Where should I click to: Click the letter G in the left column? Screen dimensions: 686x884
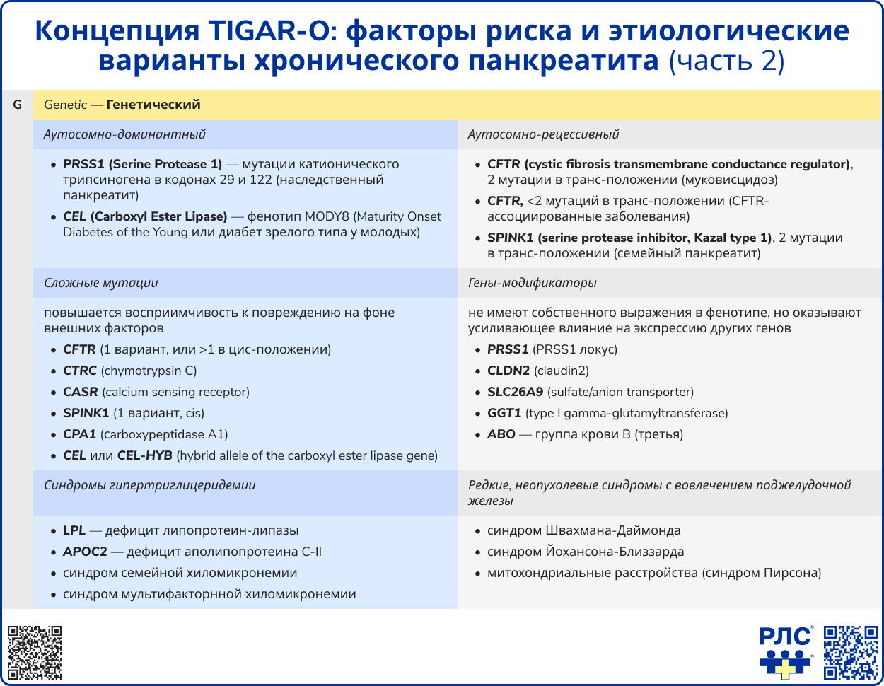pyautogui.click(x=17, y=105)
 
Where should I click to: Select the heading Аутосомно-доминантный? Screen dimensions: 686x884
pyautogui.click(x=124, y=134)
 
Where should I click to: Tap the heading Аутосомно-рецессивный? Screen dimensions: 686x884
pyautogui.click(x=543, y=134)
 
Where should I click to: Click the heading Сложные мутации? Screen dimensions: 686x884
pyautogui.click(x=100, y=283)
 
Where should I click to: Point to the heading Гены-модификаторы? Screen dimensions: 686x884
pyautogui.click(x=532, y=283)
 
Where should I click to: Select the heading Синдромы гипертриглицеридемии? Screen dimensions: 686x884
pyautogui.click(x=149, y=485)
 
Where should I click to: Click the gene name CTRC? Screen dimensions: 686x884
pyautogui.click(x=80, y=371)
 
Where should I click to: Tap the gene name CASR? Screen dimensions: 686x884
pyautogui.click(x=81, y=392)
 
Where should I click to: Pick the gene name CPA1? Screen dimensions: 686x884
pyautogui.click(x=79, y=434)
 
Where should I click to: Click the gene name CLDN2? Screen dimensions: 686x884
pyautogui.click(x=508, y=371)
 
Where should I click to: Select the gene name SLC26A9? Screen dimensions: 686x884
pyautogui.click(x=515, y=392)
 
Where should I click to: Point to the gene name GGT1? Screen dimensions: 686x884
pyautogui.click(x=504, y=413)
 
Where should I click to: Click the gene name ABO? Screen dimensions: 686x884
pyautogui.click(x=501, y=434)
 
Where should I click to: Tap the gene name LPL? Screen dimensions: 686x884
pyautogui.click(x=74, y=530)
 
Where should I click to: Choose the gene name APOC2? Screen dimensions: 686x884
pyautogui.click(x=85, y=552)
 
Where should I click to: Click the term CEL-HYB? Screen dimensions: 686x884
pyautogui.click(x=145, y=455)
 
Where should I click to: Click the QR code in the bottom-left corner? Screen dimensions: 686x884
pyautogui.click(x=35, y=653)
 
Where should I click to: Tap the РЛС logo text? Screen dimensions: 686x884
pyautogui.click(x=785, y=637)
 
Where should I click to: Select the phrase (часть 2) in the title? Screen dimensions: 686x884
pyautogui.click(x=726, y=61)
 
